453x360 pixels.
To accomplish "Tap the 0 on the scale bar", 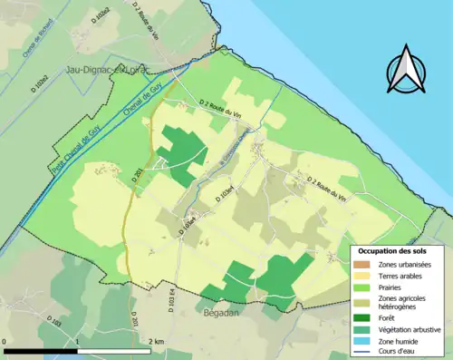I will pyautogui.click(x=5, y=341).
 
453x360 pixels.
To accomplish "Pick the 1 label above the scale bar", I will pyautogui.click(x=77, y=341).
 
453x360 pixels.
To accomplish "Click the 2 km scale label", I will pyautogui.click(x=152, y=341).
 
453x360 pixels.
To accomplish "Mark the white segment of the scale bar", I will pyautogui.click(x=114, y=350).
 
